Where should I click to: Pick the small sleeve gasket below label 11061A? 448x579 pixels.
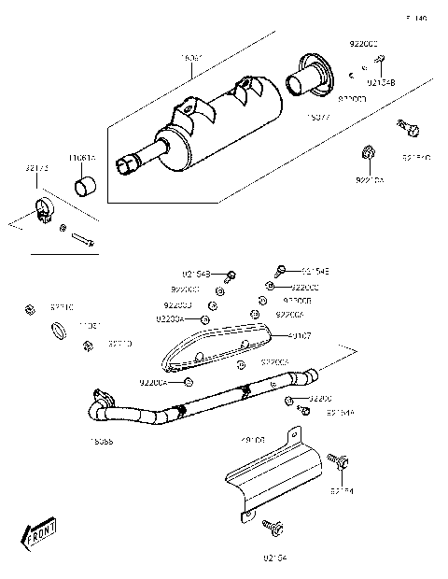(87, 186)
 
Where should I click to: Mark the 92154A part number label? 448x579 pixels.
(340, 412)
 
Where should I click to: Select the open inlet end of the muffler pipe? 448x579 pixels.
(122, 167)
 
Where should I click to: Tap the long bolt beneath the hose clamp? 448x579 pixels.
(80, 237)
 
